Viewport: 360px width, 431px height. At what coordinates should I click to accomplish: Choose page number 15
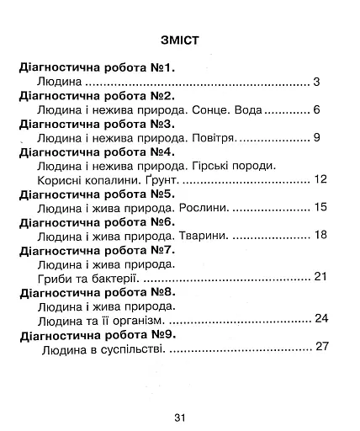pos(318,206)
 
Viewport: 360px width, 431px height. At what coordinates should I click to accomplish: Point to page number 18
pos(318,234)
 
